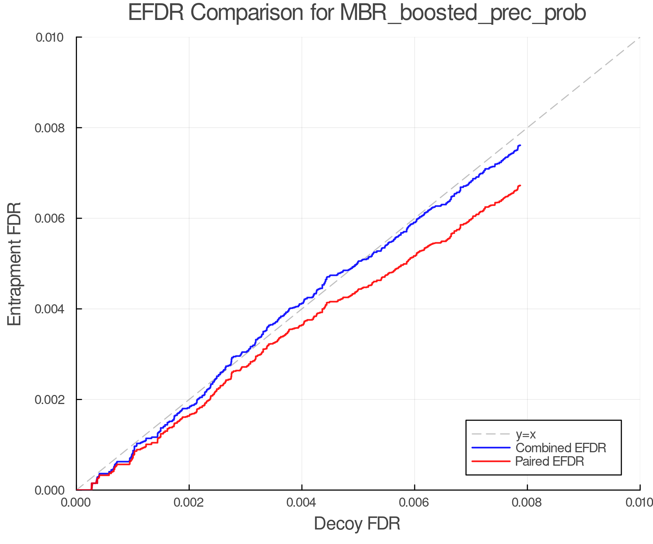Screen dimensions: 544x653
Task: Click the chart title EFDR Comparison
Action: [x=357, y=13]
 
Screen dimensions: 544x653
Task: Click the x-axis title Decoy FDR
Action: [x=357, y=524]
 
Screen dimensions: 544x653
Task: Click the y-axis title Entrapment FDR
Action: [x=15, y=264]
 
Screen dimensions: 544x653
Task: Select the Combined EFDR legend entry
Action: [x=561, y=448]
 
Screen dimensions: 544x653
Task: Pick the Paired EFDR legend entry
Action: [x=550, y=461]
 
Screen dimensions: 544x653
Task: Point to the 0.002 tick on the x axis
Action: [x=189, y=503]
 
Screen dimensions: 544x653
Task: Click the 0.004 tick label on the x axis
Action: [x=302, y=503]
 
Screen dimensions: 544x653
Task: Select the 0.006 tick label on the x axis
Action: [x=415, y=503]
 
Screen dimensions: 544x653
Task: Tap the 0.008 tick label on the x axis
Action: [x=527, y=503]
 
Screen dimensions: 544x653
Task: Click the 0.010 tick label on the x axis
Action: [x=639, y=503]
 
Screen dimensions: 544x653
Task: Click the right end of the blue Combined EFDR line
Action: [x=520, y=145]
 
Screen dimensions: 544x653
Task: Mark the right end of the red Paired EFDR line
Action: [x=520, y=186]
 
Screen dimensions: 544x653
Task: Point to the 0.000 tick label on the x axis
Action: [x=76, y=503]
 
